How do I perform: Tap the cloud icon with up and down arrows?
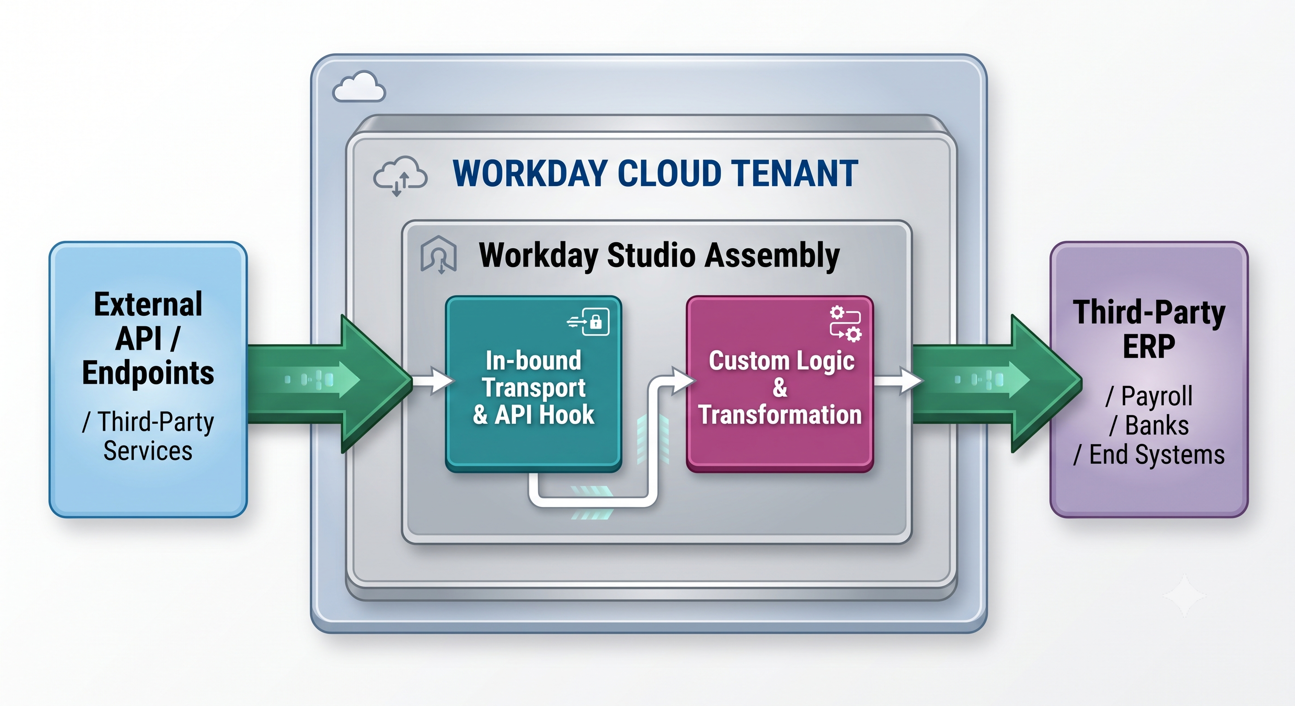coord(400,176)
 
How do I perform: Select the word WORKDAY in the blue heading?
coord(530,173)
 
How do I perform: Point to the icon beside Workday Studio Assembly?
coord(438,254)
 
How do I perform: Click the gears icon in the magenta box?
coord(845,324)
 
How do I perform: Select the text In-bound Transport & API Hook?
coord(533,387)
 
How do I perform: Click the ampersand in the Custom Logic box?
coord(780,387)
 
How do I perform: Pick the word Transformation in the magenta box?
coord(780,415)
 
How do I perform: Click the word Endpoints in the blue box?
coord(148,373)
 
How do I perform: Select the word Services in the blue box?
coord(148,451)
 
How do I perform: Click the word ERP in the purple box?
coord(1149,346)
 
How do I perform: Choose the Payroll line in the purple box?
coord(1149,396)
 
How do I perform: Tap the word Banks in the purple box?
coord(1156,425)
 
